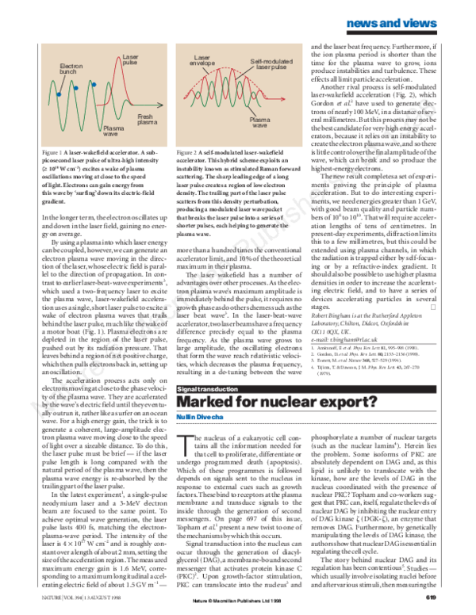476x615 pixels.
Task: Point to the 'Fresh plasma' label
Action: tap(147, 120)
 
